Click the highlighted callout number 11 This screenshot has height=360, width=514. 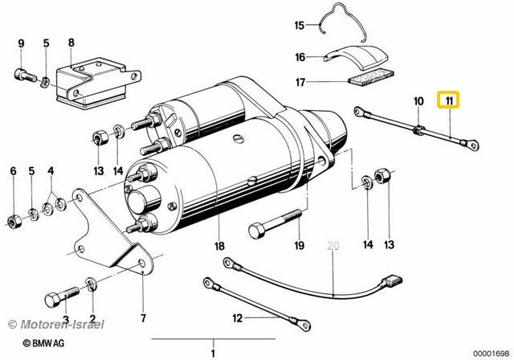[x=449, y=100]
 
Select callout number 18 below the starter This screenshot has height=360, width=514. [x=219, y=245]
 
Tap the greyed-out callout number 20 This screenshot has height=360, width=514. [x=333, y=245]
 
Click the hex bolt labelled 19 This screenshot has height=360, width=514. [x=275, y=223]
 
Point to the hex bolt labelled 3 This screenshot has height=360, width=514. [x=62, y=297]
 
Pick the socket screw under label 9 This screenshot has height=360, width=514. [x=26, y=76]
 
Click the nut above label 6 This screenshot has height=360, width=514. [x=14, y=221]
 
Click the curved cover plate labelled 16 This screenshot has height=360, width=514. [x=357, y=58]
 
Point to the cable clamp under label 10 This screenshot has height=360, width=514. [x=419, y=130]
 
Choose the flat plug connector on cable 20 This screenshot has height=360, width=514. [x=391, y=280]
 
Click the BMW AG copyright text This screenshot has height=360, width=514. [x=44, y=343]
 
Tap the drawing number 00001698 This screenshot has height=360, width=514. [x=490, y=353]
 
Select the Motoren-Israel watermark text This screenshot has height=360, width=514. [x=56, y=325]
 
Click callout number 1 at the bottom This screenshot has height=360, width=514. [x=213, y=354]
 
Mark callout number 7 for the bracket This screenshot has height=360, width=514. [x=143, y=318]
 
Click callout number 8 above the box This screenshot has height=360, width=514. [x=71, y=43]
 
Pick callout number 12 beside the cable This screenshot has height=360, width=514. [x=238, y=318]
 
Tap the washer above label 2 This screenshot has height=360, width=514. [x=90, y=284]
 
